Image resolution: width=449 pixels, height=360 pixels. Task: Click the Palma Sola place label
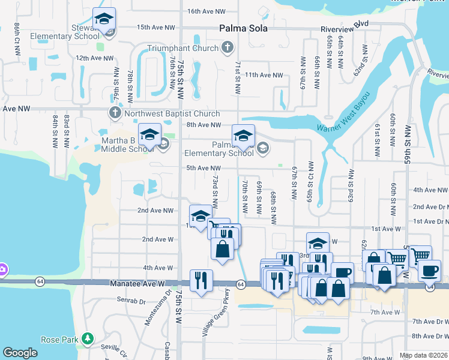point(243,28)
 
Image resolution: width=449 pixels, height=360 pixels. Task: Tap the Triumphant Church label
point(184,47)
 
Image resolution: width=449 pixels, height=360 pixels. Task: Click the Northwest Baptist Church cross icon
point(115,113)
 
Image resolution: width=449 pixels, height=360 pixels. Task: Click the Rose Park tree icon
point(88,339)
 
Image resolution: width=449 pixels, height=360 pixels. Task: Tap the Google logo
point(20,353)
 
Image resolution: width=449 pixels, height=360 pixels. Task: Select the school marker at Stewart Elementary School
point(104,20)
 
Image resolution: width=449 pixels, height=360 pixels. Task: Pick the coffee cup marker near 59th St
point(429,272)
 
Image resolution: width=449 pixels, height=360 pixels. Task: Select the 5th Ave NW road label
point(203,168)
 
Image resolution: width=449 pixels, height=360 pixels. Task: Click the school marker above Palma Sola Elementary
point(243,136)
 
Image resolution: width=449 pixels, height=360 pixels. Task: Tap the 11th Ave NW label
point(264,75)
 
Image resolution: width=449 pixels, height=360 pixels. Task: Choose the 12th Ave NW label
point(94,58)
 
